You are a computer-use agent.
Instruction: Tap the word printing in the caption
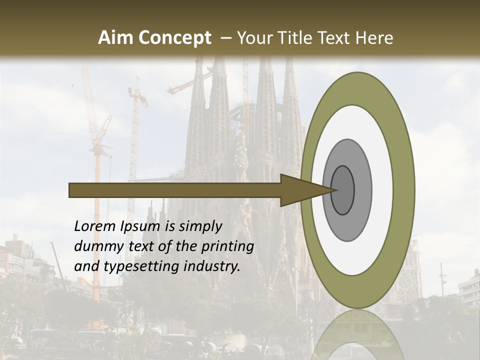point(227,246)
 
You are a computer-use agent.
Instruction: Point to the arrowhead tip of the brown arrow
point(333,190)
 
